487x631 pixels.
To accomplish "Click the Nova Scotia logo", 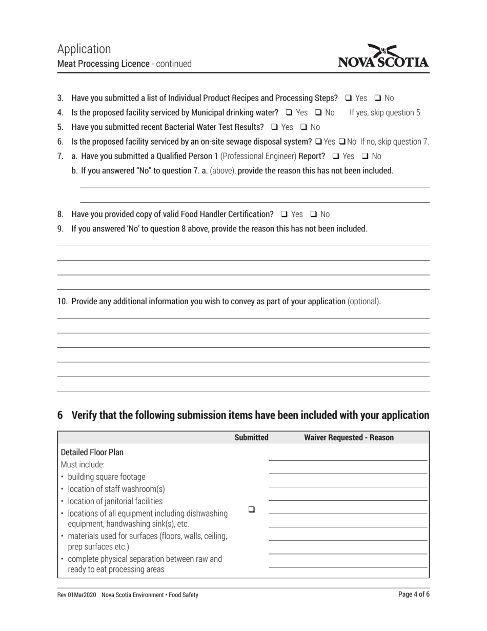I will tap(383, 57).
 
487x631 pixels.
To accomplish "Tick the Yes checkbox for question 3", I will tap(349, 98).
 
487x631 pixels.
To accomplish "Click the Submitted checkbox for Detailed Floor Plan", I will tap(251, 509).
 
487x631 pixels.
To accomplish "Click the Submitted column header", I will tap(251, 438).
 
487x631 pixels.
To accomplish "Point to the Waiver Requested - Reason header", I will tap(349, 438).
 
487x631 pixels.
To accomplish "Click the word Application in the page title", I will tap(84, 49).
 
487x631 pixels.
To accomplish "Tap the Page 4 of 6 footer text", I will tap(414, 595).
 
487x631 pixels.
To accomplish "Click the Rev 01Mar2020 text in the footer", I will tap(76, 595).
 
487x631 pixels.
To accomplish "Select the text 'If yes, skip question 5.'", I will tap(385, 112).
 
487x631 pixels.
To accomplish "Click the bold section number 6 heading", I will tap(60, 416).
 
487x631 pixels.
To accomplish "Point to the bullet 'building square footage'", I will tap(106, 477).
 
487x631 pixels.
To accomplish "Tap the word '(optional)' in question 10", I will tap(364, 301).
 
